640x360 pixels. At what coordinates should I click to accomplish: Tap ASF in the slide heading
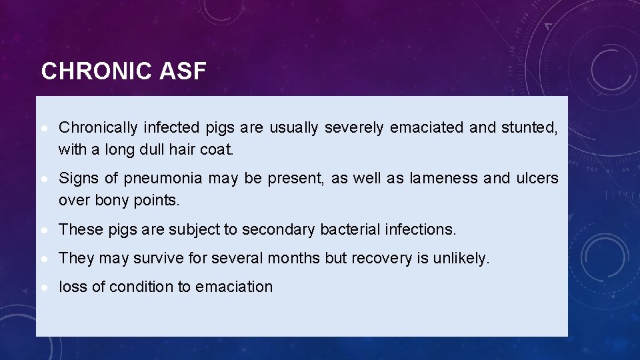[183, 71]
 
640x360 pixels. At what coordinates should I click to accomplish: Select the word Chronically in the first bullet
[98, 127]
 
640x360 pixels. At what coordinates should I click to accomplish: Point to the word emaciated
[427, 127]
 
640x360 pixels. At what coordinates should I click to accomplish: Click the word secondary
[278, 230]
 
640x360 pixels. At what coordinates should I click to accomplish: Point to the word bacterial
[348, 230]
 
